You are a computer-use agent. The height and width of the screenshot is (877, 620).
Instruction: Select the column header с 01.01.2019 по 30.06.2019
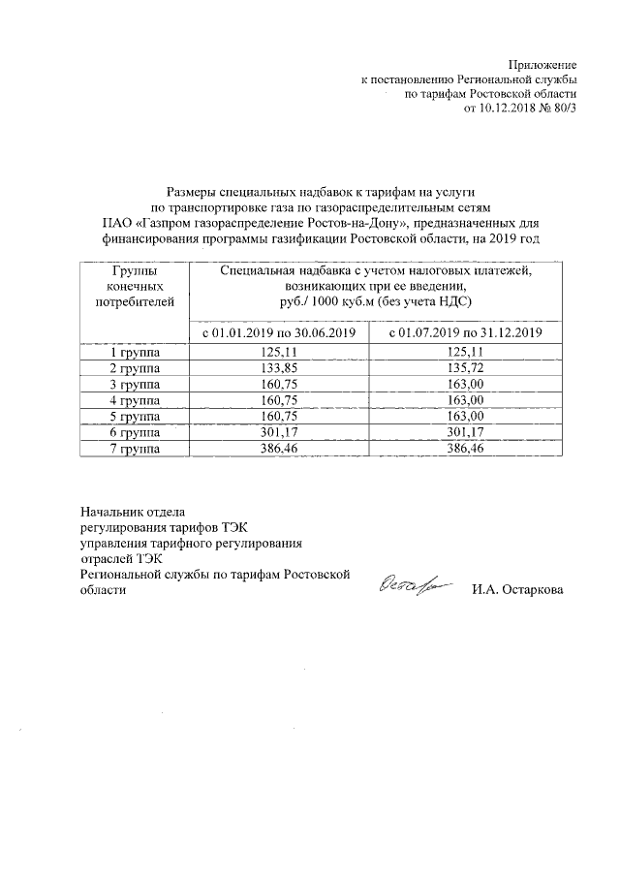click(279, 333)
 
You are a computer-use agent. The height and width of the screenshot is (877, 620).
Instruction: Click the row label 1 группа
click(135, 353)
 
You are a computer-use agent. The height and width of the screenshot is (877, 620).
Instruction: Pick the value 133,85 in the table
click(279, 368)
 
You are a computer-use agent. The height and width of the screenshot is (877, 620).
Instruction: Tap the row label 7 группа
click(135, 450)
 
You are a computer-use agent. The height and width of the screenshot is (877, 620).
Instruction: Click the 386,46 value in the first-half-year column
click(279, 450)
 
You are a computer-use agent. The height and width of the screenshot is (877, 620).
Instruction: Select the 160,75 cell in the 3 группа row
click(279, 385)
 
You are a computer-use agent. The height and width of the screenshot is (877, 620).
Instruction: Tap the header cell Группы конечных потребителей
click(135, 287)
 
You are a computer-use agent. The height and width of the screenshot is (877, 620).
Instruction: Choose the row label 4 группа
click(135, 401)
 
